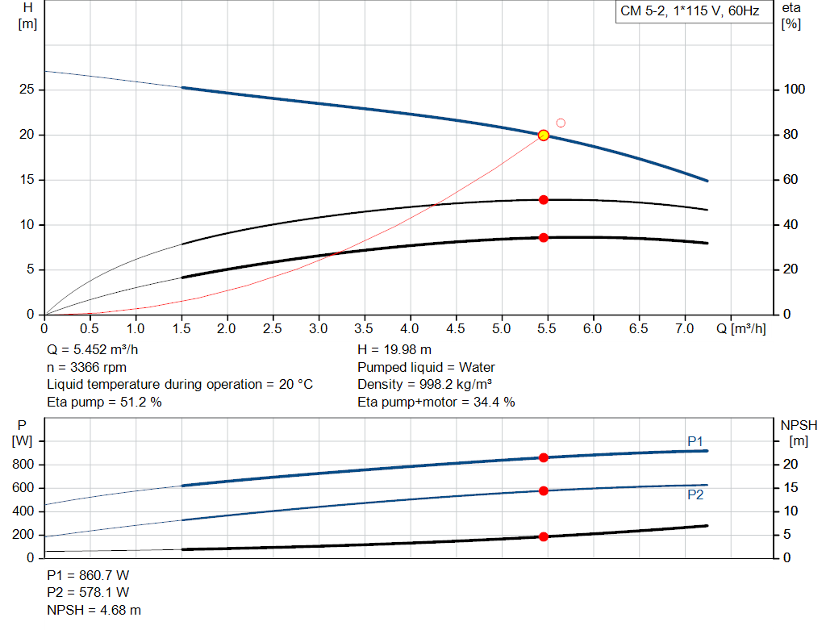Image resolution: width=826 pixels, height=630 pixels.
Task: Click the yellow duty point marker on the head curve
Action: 544,135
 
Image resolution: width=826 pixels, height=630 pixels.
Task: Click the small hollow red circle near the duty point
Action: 561,123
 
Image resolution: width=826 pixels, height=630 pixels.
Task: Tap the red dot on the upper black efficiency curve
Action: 544,199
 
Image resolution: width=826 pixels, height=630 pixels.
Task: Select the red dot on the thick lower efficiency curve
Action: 544,237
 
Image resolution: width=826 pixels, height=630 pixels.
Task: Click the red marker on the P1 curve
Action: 544,457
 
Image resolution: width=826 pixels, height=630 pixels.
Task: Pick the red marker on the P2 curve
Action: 544,490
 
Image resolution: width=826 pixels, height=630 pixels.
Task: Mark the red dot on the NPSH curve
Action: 544,536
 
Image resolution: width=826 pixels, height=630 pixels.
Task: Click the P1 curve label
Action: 695,441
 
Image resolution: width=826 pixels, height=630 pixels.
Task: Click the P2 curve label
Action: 695,495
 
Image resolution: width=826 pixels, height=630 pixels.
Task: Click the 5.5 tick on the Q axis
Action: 547,329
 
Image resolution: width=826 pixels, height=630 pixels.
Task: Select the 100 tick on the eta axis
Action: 797,90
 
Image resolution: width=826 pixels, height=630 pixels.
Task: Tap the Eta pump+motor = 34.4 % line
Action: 436,402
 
